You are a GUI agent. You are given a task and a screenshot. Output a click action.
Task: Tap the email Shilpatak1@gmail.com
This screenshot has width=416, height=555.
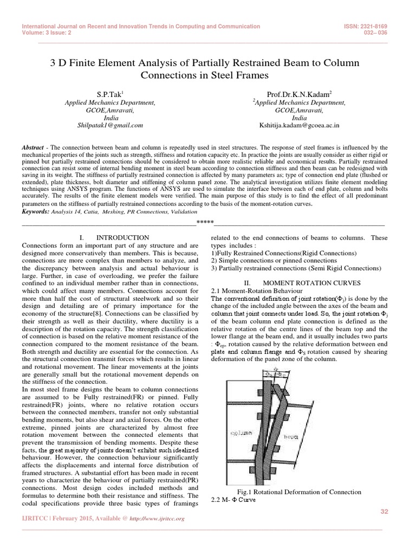(x=110, y=125)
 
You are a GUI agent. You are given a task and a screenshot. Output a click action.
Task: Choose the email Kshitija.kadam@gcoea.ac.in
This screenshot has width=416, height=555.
(x=299, y=125)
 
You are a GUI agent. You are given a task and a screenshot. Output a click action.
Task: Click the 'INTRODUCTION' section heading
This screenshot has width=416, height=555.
(x=122, y=237)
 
